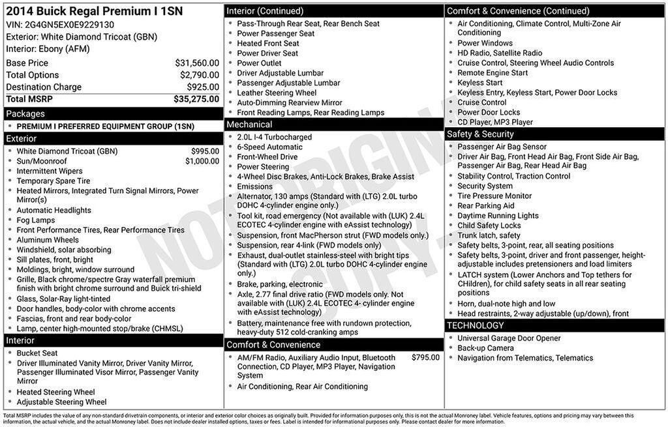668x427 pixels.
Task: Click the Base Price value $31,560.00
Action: pyautogui.click(x=197, y=63)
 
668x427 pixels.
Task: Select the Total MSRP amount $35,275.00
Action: pyautogui.click(x=196, y=99)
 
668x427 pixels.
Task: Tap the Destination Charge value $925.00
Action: pyautogui.click(x=203, y=87)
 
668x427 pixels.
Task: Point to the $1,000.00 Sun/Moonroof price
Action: pyautogui.click(x=202, y=161)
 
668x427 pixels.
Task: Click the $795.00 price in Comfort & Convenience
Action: pyautogui.click(x=425, y=358)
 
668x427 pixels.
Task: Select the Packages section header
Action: pyautogui.click(x=25, y=114)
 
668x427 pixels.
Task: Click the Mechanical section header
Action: pyautogui.click(x=249, y=125)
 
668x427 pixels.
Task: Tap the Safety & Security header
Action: pyautogui.click(x=480, y=134)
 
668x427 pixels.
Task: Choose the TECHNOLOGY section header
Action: pyautogui.click(x=476, y=325)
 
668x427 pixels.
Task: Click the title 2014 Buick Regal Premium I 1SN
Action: pyautogui.click(x=95, y=11)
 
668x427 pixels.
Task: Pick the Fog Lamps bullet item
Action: pyautogui.click(x=36, y=220)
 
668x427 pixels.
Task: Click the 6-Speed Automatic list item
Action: pyautogui.click(x=269, y=147)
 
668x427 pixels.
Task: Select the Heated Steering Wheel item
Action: pyautogui.click(x=56, y=392)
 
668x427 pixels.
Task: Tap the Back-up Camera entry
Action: pyautogui.click(x=485, y=348)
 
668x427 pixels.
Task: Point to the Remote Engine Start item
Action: pyautogui.click(x=493, y=73)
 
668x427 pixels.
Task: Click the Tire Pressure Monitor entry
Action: pyautogui.click(x=494, y=196)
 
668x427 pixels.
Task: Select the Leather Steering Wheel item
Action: pyautogui.click(x=277, y=93)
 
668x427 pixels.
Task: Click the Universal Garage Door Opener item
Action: pyautogui.click(x=509, y=338)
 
